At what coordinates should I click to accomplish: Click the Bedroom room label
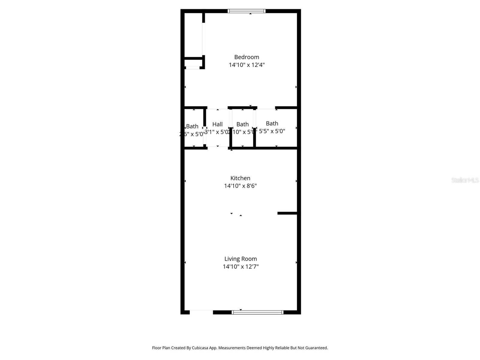pos(246,57)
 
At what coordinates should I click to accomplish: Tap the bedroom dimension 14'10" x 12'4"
pos(246,65)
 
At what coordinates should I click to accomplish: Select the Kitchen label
pos(240,178)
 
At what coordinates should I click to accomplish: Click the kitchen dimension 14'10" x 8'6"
pos(240,186)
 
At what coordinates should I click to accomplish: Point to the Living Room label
pos(240,259)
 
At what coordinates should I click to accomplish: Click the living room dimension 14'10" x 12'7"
pos(240,266)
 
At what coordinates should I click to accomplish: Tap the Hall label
pos(217,124)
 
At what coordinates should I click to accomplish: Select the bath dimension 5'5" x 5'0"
pos(272,131)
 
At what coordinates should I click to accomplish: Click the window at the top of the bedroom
pos(246,11)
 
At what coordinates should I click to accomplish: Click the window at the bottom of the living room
pos(257,312)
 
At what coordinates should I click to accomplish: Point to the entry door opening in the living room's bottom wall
pos(201,312)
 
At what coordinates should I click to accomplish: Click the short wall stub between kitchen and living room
pos(287,213)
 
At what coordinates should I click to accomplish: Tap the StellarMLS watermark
pos(465,180)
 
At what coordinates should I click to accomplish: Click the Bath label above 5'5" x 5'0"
pos(272,123)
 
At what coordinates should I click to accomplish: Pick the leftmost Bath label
pos(192,126)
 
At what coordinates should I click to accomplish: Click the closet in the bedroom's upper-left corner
pos(193,34)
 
